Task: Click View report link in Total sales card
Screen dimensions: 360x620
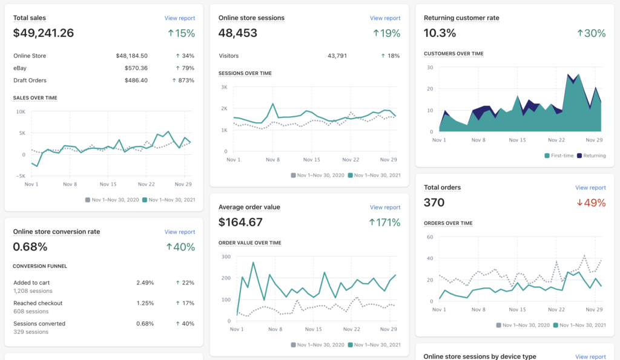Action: [x=179, y=18]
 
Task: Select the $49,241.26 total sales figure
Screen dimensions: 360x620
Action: [x=44, y=33]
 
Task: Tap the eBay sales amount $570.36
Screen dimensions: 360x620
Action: [x=136, y=68]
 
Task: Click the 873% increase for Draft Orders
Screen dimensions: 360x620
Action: [x=183, y=80]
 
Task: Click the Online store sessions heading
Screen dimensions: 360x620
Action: [x=251, y=18]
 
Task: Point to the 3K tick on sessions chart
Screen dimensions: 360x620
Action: [x=223, y=87]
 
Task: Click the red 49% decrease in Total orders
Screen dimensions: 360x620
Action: [x=591, y=203]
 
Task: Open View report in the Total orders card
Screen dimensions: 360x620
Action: [x=590, y=188]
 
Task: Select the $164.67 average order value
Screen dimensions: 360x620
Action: [x=240, y=222]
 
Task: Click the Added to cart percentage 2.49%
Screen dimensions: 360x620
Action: [x=145, y=283]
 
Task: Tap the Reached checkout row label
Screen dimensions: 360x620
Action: [x=38, y=303]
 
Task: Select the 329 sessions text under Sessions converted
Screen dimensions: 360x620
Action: [x=30, y=332]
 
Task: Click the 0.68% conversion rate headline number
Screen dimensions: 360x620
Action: [x=30, y=247]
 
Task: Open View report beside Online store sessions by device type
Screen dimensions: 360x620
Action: [x=590, y=357]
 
